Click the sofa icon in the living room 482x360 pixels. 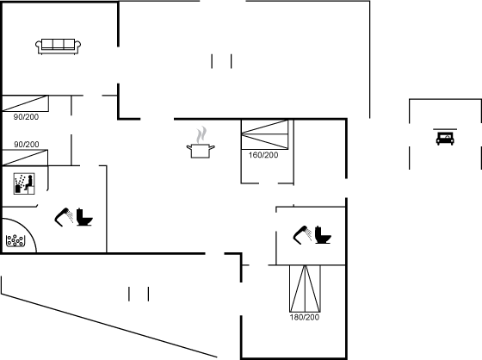click(59, 47)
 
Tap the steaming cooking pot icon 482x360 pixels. click(201, 142)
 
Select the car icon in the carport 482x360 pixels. click(445, 138)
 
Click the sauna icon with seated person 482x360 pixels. click(24, 183)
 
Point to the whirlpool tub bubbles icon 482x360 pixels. click(15, 240)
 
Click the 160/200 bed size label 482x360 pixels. click(263, 155)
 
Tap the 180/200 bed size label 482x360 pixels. click(305, 317)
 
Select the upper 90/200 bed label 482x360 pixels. click(26, 117)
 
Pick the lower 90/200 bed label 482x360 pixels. click(27, 145)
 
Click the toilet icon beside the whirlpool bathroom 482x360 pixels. click(84, 217)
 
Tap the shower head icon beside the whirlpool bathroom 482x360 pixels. click(64, 217)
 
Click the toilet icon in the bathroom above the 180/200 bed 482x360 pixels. click(323, 235)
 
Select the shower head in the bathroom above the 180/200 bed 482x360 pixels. click(302, 235)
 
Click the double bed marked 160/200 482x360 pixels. click(265, 134)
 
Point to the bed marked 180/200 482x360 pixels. click(305, 289)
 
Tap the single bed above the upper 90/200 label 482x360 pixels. click(25, 103)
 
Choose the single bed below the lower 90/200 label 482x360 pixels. click(25, 158)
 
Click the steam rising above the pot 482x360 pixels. click(201, 134)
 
